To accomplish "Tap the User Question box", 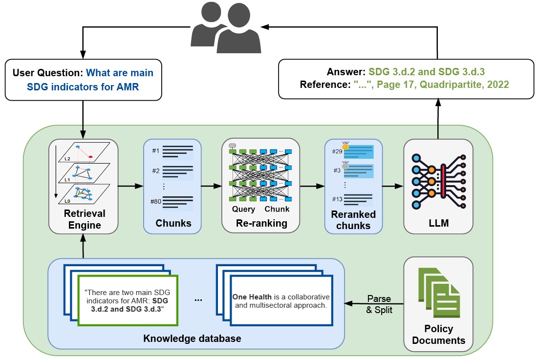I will coord(83,81).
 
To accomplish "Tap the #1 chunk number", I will coord(156,151).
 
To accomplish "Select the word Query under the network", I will coord(243,209).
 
